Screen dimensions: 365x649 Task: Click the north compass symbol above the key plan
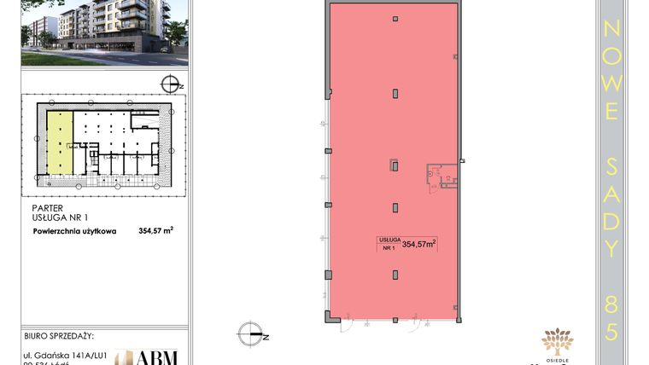click(172, 84)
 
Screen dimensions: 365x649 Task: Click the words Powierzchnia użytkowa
click(74, 230)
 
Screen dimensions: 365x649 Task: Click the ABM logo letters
click(158, 357)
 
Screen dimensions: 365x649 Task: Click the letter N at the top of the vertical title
click(611, 29)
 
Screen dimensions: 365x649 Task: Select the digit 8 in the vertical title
click(611, 301)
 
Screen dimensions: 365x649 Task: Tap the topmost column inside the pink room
click(395, 19)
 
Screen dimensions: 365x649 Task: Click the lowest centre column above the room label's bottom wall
click(395, 275)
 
